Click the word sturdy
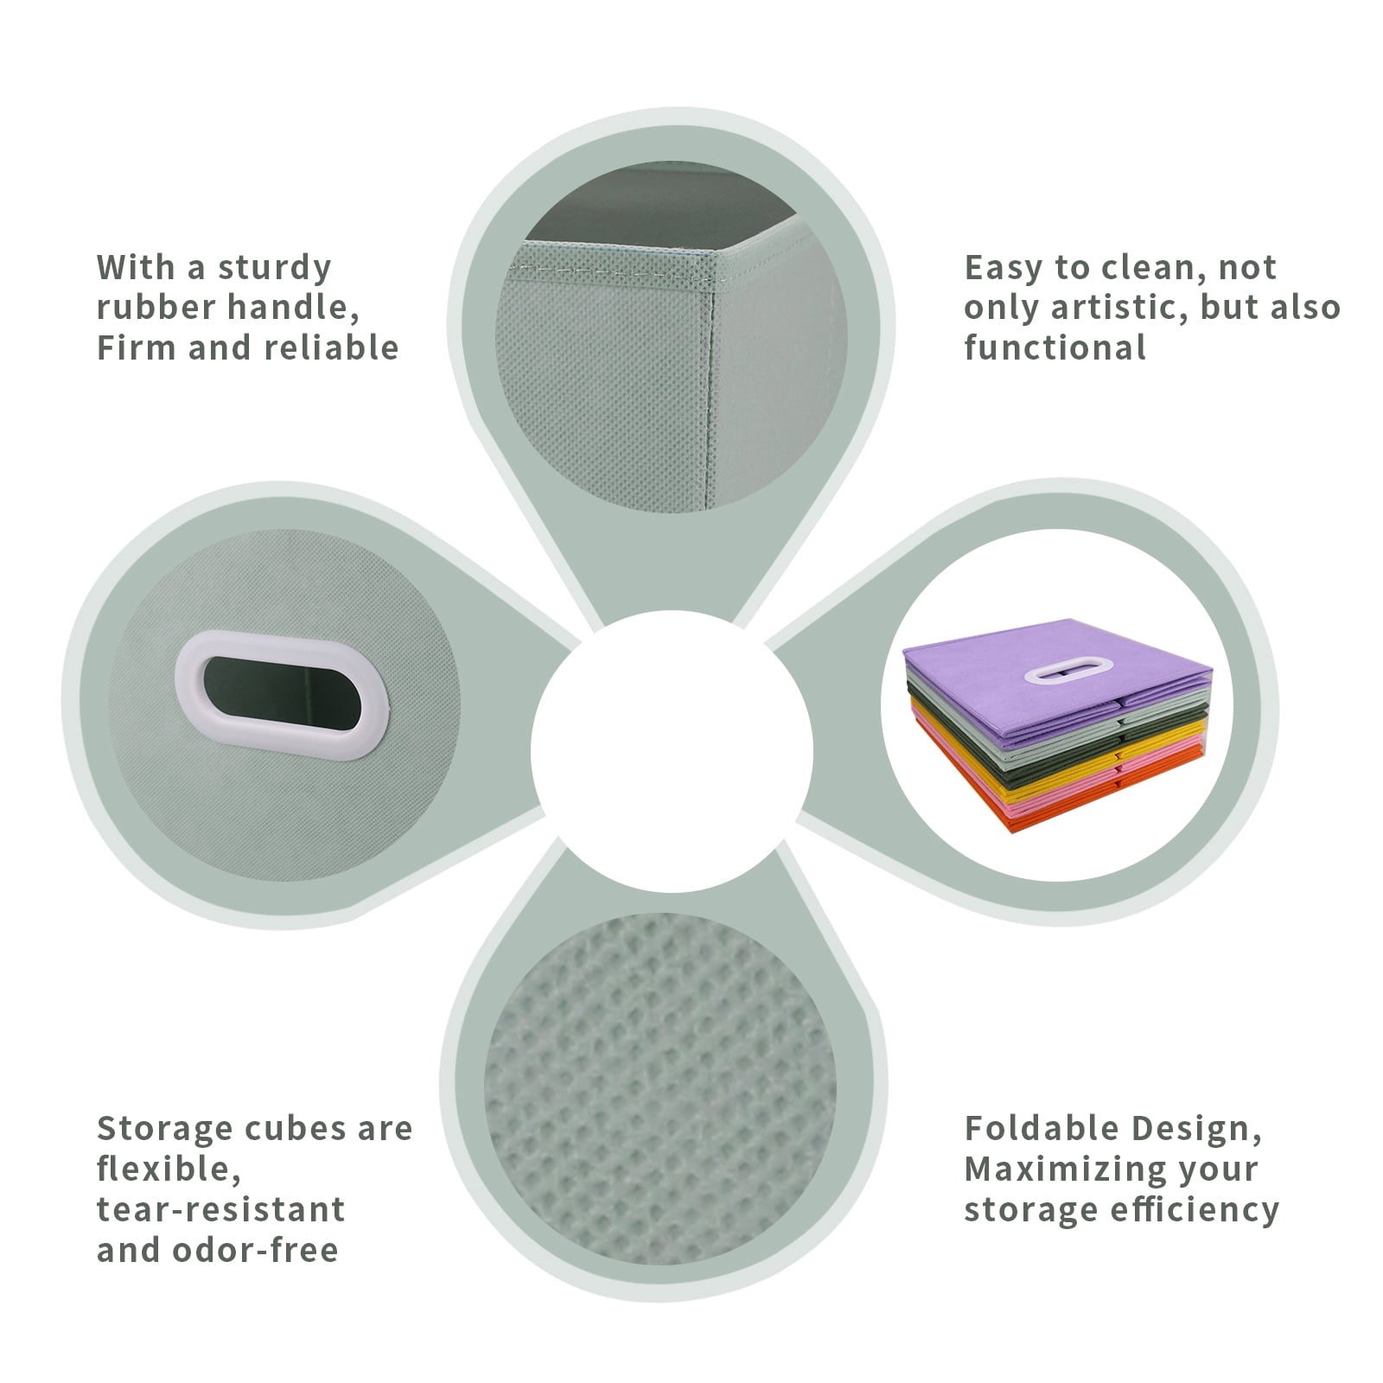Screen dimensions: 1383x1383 click(x=274, y=268)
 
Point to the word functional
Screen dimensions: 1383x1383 click(x=1055, y=347)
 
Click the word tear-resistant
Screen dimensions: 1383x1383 click(x=220, y=1208)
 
